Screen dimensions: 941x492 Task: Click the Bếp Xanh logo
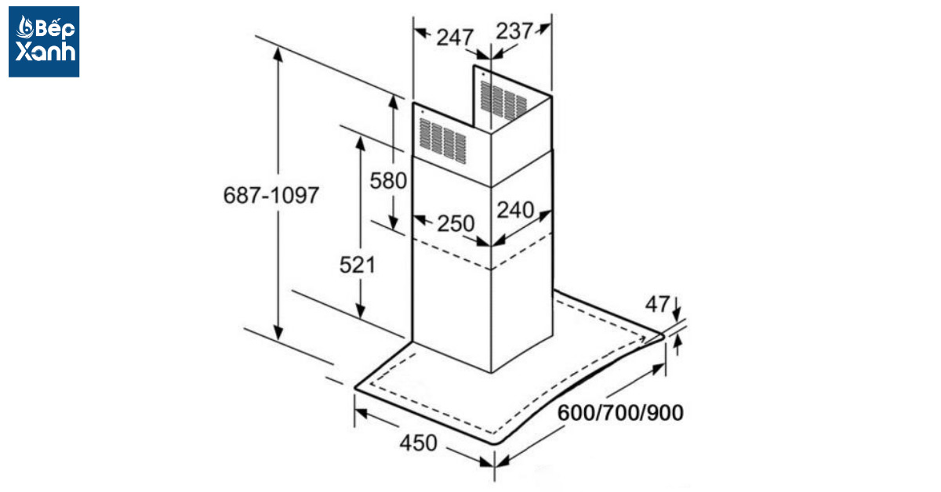[44, 42]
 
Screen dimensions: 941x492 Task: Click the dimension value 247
[455, 38]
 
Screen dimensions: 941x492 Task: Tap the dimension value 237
[514, 31]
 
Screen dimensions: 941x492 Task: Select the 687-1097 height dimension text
[271, 195]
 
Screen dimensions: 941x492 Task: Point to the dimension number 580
[388, 181]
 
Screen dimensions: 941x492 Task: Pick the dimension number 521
[357, 265]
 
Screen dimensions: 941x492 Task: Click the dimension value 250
[456, 223]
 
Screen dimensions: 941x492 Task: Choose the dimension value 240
[515, 209]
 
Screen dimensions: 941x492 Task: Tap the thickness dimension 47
[657, 304]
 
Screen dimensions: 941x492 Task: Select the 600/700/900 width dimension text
[620, 413]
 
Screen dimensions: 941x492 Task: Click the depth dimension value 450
[418, 443]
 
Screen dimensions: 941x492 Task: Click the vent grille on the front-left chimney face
[443, 141]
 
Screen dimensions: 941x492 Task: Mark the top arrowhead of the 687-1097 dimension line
[278, 55]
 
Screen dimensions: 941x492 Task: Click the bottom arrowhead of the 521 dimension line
[360, 311]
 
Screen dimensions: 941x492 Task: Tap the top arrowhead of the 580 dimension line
[393, 102]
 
